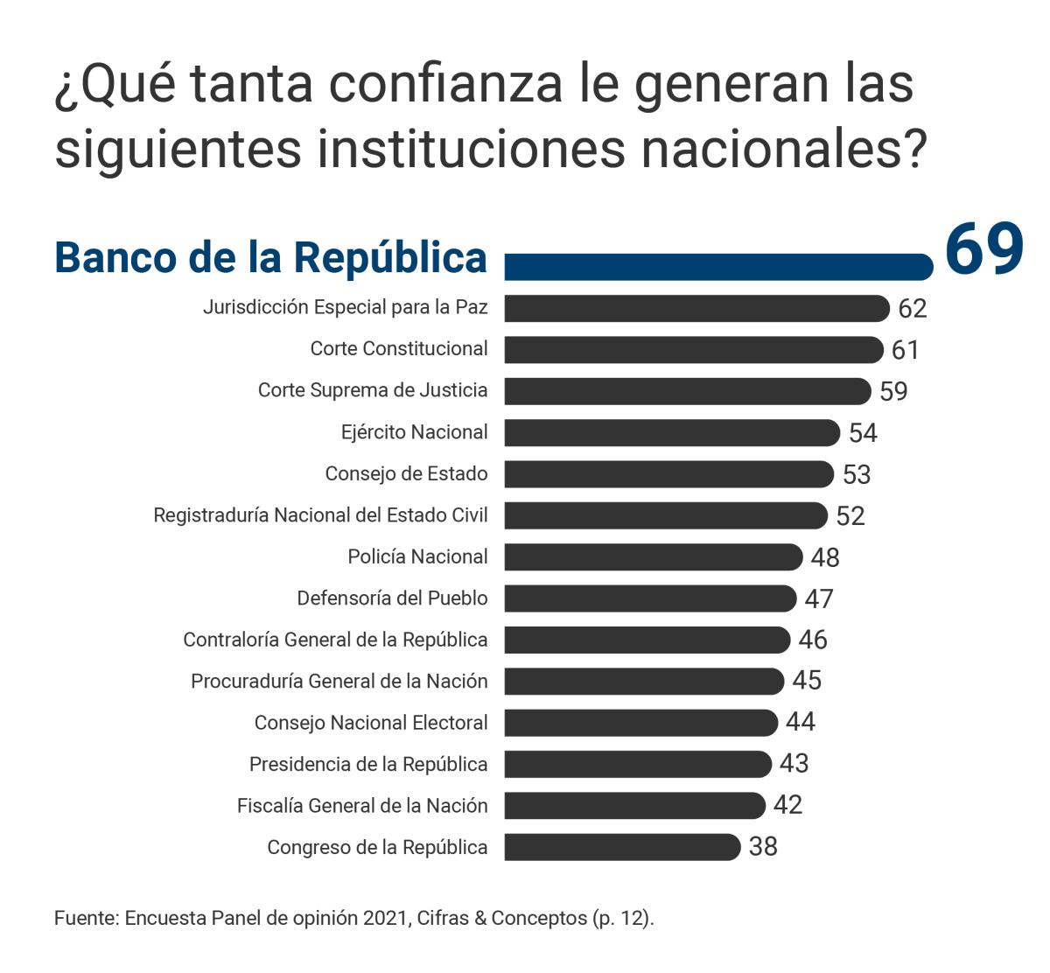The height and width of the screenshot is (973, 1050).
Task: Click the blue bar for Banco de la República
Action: click(717, 267)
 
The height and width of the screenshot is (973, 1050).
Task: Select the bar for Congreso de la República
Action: click(621, 847)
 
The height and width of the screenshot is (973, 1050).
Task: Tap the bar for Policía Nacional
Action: click(652, 556)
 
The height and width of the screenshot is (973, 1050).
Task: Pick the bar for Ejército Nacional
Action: click(671, 432)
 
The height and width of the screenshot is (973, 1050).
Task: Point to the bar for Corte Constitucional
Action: click(693, 349)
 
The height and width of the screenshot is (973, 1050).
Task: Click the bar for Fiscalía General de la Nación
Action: click(634, 805)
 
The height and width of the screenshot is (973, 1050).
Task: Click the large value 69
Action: click(983, 250)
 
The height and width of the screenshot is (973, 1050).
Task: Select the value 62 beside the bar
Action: click(912, 308)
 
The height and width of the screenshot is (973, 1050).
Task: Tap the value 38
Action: click(763, 847)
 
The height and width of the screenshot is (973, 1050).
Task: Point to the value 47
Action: click(819, 598)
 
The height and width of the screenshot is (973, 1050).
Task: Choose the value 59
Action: click(893, 391)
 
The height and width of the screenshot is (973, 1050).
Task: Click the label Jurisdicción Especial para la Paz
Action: click(345, 307)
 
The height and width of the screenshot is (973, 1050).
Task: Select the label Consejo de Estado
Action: click(406, 473)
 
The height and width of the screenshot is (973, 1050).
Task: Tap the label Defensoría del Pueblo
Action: click(392, 598)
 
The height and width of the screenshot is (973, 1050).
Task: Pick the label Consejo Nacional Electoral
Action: click(371, 723)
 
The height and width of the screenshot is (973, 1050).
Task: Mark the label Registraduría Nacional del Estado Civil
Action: click(320, 514)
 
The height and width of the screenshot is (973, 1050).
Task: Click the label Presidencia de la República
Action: click(368, 764)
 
